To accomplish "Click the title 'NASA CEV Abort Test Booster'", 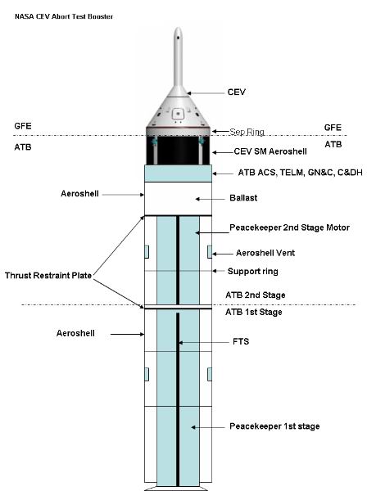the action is point(64,16).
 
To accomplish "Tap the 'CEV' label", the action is point(237,92).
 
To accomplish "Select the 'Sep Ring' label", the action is point(247,132).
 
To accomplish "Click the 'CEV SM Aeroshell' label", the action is point(270,151).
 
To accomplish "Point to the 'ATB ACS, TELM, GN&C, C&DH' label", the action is point(301,173).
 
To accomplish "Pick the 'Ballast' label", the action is point(243,198).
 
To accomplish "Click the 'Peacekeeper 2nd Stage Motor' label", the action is point(290,227).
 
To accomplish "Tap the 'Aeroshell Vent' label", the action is point(265,253).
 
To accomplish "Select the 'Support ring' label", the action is point(253,271).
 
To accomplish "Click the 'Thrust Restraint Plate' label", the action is point(48,276).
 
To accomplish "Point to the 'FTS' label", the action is point(241,341).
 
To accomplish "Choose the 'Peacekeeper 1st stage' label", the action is point(274,426).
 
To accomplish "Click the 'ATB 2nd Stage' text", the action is point(256,295).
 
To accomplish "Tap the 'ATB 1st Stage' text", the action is point(254,312).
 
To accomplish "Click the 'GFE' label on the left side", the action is point(23,126).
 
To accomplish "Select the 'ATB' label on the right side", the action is point(333,144).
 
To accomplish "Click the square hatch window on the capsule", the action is point(178,114).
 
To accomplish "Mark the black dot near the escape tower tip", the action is point(178,38).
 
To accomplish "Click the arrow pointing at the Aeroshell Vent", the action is point(223,254).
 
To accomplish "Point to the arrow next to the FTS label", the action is point(204,343).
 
